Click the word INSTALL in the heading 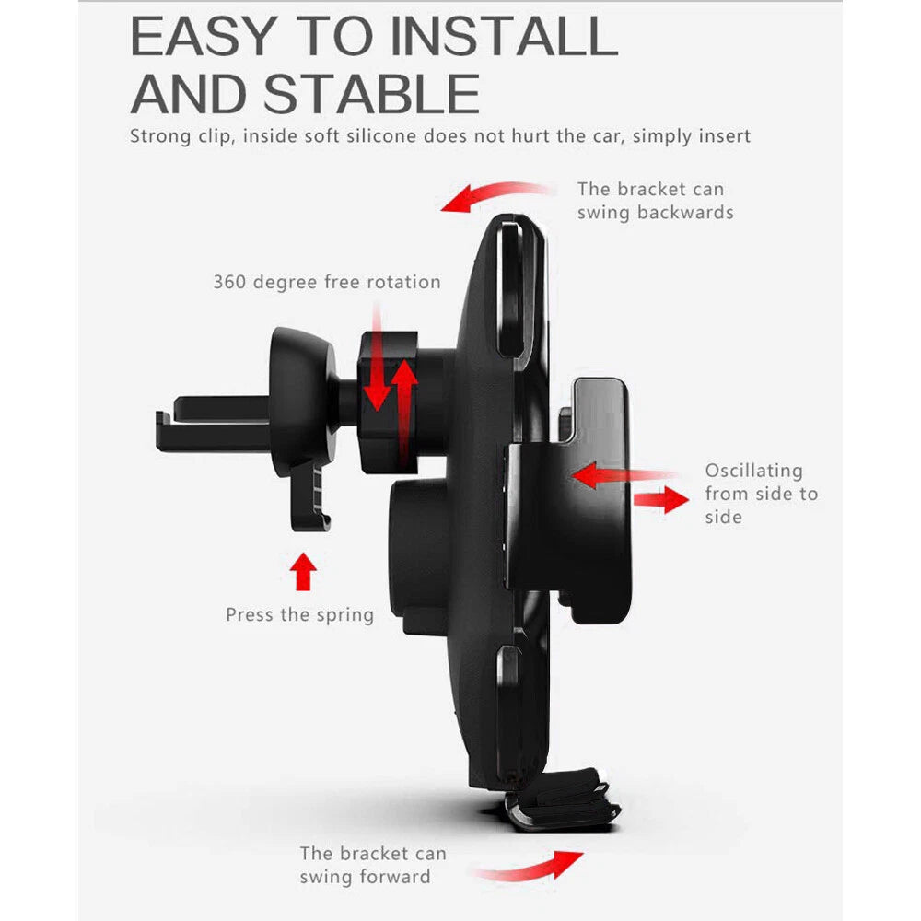point(504,36)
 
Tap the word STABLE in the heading point(372,94)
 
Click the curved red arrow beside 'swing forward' point(529,868)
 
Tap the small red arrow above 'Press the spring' point(303,571)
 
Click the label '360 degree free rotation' point(327,282)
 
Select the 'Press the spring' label point(299,615)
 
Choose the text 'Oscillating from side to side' point(762,494)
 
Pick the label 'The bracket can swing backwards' point(655,201)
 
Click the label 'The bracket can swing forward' point(373,865)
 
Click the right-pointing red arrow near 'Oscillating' point(660,500)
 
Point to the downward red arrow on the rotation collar point(377,358)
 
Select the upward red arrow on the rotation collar point(404,411)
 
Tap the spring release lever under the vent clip point(309,494)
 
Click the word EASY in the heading point(204,36)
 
